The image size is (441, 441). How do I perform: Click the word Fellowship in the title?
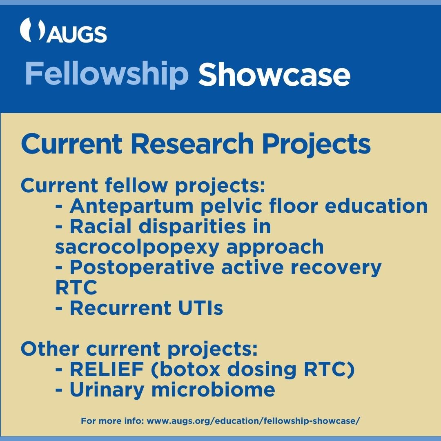point(107,74)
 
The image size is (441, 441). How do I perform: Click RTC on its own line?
point(76,288)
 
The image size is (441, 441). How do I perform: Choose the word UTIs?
point(200,308)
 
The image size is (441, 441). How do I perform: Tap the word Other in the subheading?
point(49,349)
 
